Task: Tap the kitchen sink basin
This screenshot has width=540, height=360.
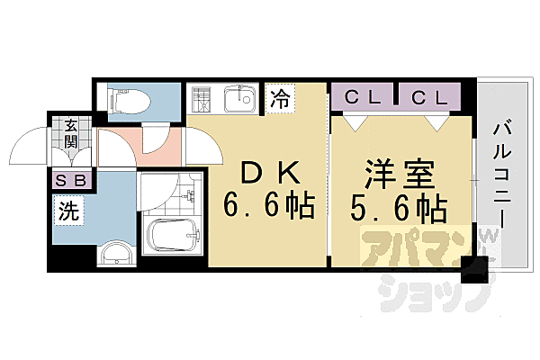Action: pos(239,99)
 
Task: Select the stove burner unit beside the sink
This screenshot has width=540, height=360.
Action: pos(201,99)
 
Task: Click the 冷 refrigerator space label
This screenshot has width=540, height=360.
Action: pos(280,98)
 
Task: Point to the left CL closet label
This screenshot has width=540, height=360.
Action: pos(363,97)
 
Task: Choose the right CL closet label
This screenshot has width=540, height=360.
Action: pos(430,98)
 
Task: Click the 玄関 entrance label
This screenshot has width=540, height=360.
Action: pos(70,133)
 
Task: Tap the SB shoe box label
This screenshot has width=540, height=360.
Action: pos(71,181)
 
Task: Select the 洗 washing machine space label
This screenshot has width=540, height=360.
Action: pos(68,211)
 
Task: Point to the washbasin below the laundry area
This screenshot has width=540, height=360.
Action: pos(117,254)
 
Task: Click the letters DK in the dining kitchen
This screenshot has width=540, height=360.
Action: pos(269,174)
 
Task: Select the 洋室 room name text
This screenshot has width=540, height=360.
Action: pos(399,174)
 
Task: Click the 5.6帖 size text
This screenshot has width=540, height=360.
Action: pos(399,208)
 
